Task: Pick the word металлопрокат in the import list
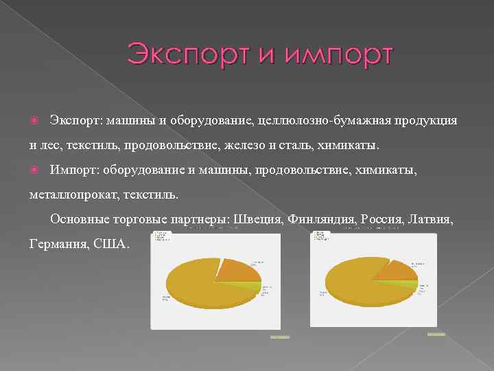click(73, 195)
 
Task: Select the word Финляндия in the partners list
click(321, 220)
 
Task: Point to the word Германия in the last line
click(57, 245)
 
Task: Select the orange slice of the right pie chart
click(397, 270)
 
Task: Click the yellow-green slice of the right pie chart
click(412, 284)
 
